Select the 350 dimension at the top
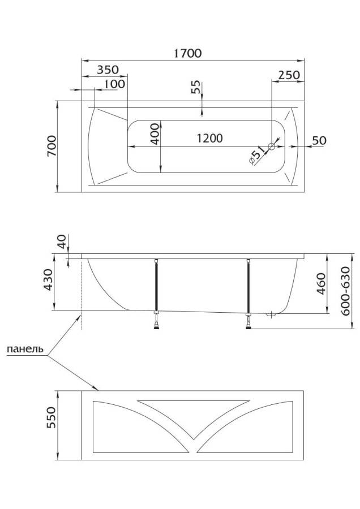point(107,70)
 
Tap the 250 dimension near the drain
point(289,75)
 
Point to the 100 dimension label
point(114,84)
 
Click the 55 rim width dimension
point(196,87)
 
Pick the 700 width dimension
point(52,147)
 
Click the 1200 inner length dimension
point(209,138)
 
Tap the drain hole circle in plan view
point(272,147)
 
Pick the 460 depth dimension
point(320,282)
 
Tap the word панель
point(25,349)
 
